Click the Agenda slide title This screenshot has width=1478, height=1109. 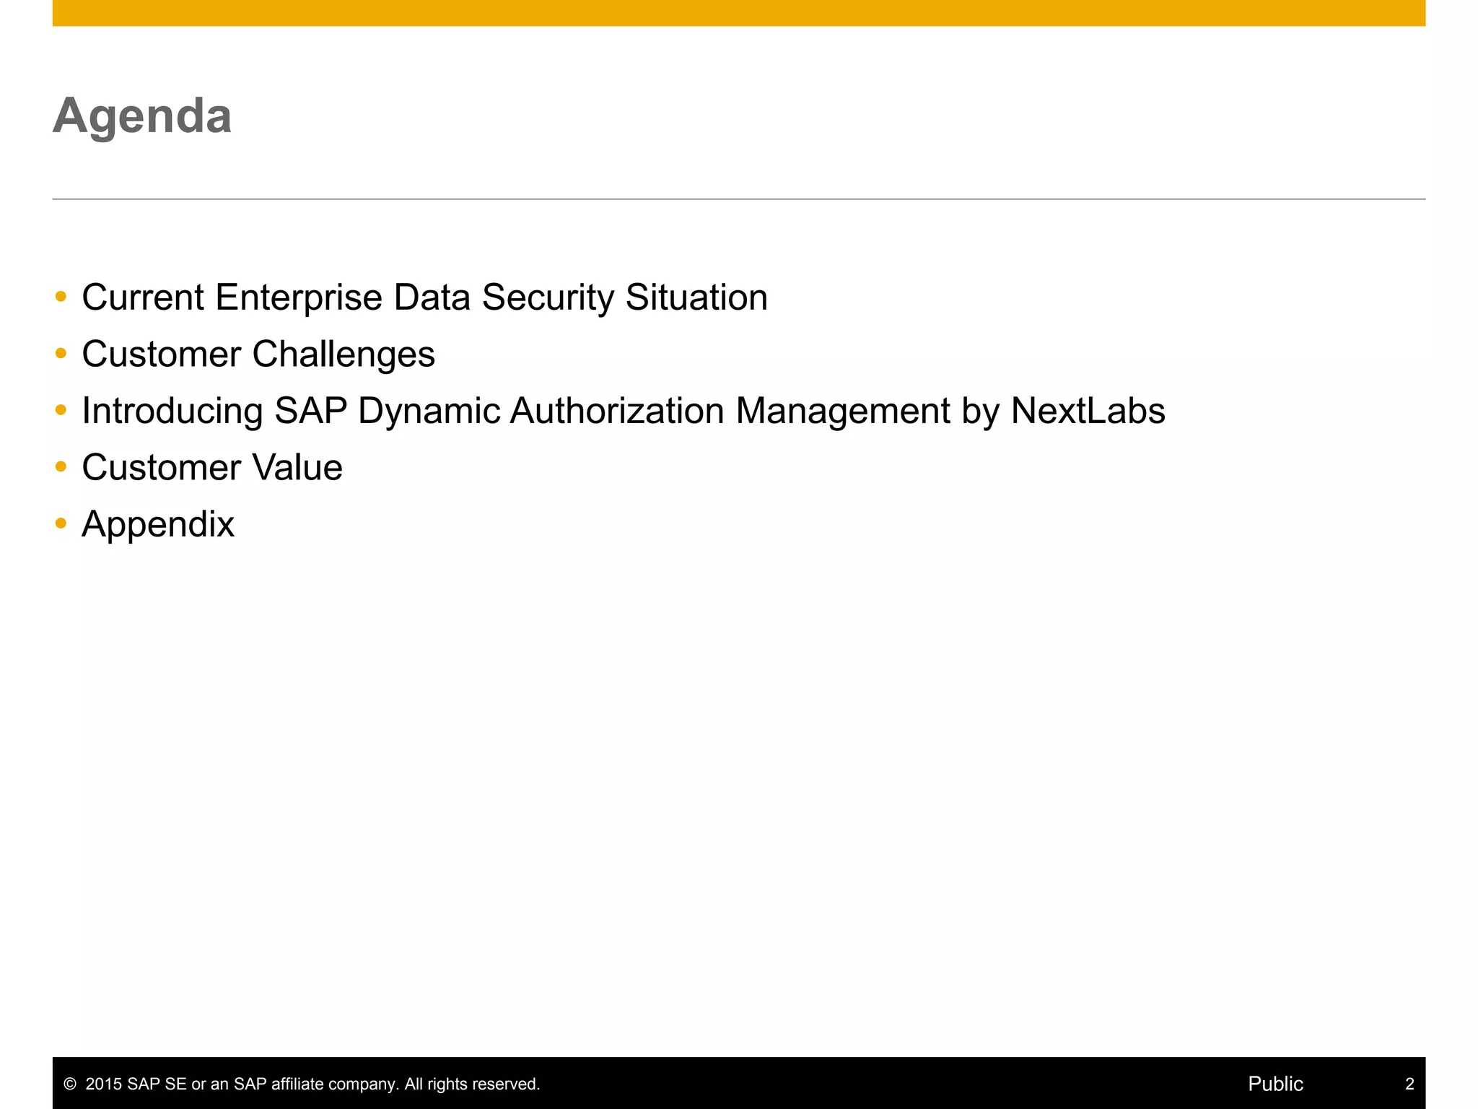click(142, 116)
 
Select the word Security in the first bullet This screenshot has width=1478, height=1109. click(548, 297)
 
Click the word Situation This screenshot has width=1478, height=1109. click(696, 297)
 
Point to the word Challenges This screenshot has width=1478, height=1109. click(344, 355)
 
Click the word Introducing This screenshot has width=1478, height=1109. click(172, 411)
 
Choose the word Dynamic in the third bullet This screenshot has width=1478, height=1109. click(429, 411)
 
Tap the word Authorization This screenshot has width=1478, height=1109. click(617, 411)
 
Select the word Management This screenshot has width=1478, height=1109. click(843, 411)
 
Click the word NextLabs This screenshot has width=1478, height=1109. click(1088, 411)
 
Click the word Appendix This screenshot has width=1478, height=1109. click(158, 524)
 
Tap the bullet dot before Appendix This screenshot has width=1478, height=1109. click(61, 523)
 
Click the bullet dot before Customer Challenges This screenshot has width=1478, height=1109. click(61, 353)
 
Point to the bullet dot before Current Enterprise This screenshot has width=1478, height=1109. click(61, 296)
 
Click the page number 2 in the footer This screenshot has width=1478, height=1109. click(1409, 1084)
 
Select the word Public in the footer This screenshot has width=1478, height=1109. click(1275, 1084)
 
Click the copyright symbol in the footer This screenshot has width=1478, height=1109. click(70, 1084)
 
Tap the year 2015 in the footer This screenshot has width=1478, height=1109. click(104, 1084)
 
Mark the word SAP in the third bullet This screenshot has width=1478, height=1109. click(311, 411)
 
